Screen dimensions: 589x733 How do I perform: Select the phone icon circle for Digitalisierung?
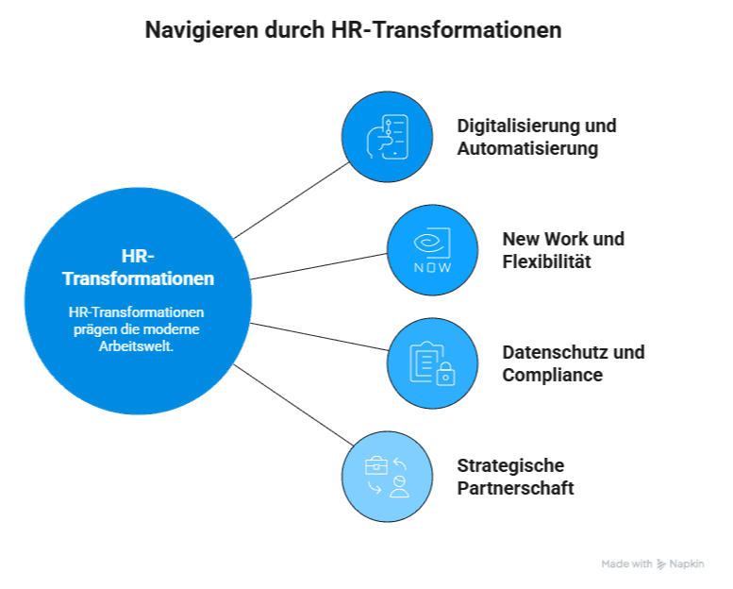pyautogui.click(x=387, y=137)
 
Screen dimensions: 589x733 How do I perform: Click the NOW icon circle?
pyautogui.click(x=432, y=250)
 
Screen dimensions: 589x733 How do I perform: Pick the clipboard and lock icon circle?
pyautogui.click(x=432, y=363)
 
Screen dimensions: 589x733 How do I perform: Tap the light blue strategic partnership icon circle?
pyautogui.click(x=387, y=477)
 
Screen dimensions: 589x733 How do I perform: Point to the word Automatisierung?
pyautogui.click(x=527, y=148)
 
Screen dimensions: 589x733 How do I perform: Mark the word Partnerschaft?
pyautogui.click(x=515, y=488)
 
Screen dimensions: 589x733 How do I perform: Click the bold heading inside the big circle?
pyautogui.click(x=138, y=268)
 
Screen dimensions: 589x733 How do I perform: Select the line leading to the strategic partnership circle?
pyautogui.click(x=292, y=400)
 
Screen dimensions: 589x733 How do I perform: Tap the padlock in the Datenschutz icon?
pyautogui.click(x=445, y=375)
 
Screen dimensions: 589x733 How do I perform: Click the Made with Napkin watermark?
pyautogui.click(x=653, y=564)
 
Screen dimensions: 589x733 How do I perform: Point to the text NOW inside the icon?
pyautogui.click(x=432, y=267)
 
